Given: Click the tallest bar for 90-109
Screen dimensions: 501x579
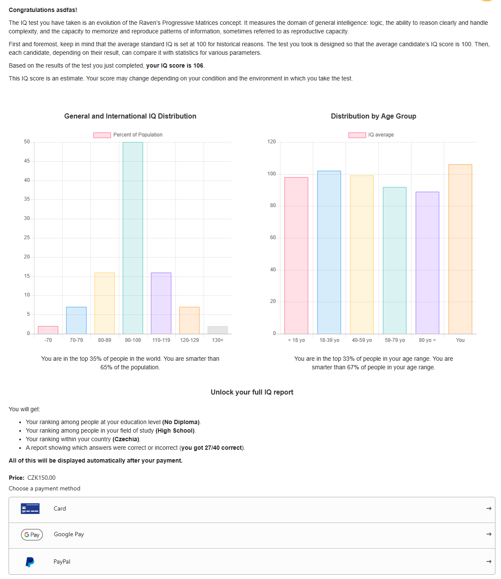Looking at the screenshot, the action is (x=133, y=238).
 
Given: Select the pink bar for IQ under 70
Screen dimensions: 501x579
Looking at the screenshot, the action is (x=48, y=330).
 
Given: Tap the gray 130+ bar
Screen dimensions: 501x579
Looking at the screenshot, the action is (x=218, y=330).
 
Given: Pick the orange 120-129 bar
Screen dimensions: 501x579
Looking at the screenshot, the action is (x=189, y=321).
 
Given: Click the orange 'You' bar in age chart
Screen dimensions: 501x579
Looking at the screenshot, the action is (x=460, y=249).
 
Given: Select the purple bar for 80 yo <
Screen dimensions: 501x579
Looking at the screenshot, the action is (x=427, y=263).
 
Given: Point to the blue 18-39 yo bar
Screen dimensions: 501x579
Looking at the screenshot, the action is (x=329, y=252).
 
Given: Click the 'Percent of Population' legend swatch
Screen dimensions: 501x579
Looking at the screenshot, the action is (x=102, y=135).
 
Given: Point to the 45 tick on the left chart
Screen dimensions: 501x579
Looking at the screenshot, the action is (x=27, y=161).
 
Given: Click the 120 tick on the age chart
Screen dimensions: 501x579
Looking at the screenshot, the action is (x=271, y=142).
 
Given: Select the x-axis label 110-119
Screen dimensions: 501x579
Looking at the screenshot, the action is (x=161, y=340).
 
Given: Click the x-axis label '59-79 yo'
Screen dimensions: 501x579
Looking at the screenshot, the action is (x=395, y=340).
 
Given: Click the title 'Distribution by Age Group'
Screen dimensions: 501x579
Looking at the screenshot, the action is (x=373, y=116).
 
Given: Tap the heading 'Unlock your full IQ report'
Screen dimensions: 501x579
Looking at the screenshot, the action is (x=252, y=392).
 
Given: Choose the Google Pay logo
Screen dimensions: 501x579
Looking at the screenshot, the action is (x=32, y=535).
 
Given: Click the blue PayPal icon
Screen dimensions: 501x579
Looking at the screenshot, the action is (x=30, y=562).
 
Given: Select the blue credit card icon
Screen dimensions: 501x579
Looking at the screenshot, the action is (x=30, y=509).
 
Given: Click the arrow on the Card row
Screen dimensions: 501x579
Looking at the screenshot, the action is (x=489, y=508).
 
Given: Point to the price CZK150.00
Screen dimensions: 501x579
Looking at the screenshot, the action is (x=41, y=478).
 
